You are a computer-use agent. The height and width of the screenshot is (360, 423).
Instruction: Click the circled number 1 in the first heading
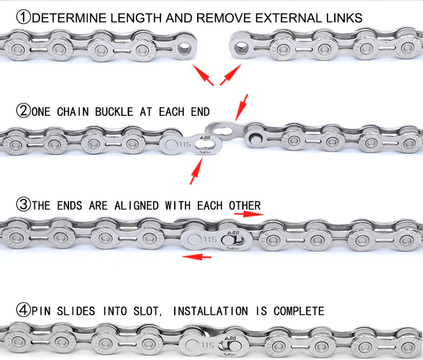coord(23,18)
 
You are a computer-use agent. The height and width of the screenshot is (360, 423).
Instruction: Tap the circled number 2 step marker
coord(23,111)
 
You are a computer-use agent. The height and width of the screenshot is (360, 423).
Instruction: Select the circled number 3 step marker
coord(23,205)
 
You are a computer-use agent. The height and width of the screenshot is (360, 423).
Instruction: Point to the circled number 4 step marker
coord(23,310)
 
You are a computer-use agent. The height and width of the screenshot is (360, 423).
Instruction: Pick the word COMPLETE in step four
coord(299,311)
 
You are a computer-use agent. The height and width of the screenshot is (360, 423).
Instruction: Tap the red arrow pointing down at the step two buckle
coord(243,107)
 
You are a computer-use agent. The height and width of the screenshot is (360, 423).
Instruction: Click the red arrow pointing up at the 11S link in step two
coord(195,171)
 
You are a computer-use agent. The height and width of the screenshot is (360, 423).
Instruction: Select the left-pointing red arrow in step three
coord(197,257)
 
